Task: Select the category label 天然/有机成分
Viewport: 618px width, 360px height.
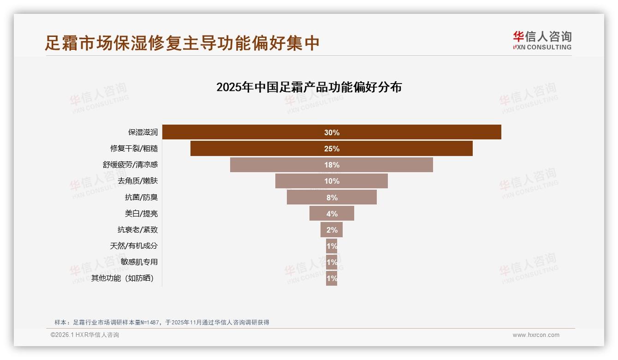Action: click(134, 246)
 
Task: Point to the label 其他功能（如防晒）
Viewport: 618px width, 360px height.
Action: click(122, 278)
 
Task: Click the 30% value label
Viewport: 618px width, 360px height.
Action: click(332, 132)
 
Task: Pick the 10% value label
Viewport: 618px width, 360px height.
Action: click(332, 181)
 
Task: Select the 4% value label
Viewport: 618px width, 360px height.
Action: click(332, 214)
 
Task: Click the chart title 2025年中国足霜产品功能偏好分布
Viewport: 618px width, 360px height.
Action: click(309, 87)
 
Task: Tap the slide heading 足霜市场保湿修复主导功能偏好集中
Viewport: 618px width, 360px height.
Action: click(182, 43)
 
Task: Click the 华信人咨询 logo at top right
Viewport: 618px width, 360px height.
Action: click(542, 40)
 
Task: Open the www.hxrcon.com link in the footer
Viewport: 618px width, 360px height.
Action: click(536, 335)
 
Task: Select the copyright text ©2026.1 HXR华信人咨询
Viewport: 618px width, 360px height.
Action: click(85, 335)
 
